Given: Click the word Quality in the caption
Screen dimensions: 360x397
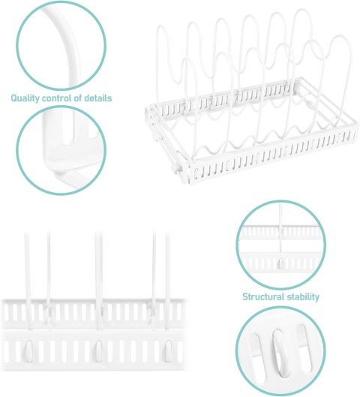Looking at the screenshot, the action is click(x=25, y=98).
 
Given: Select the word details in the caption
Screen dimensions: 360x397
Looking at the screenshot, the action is click(x=98, y=98).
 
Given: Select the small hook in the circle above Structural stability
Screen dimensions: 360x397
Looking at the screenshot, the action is click(x=280, y=263).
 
